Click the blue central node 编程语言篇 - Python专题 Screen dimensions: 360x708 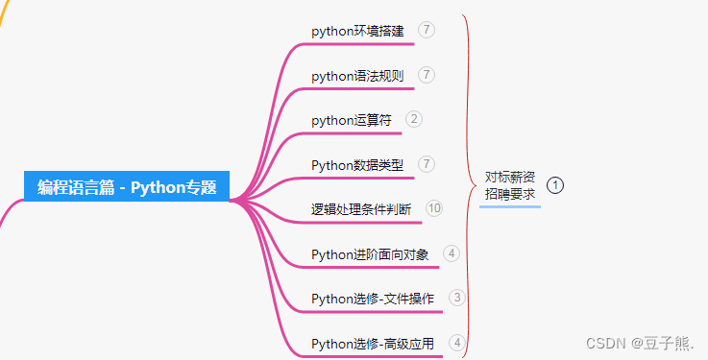tap(127, 187)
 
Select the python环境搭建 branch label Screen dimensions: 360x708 tap(357, 32)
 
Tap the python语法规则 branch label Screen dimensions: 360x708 tap(357, 76)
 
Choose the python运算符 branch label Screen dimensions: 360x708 tap(352, 120)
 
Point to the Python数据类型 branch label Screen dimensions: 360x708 tap(357, 165)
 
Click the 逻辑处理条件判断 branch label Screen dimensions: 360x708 tap(361, 209)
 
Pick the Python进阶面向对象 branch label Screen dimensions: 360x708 tap(370, 254)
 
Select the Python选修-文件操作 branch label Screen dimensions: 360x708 tap(373, 299)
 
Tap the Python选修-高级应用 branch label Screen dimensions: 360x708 tap(373, 343)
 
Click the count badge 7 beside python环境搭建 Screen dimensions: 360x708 tap(427, 30)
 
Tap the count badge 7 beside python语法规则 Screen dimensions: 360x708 tap(427, 74)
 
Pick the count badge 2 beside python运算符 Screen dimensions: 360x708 tap(414, 119)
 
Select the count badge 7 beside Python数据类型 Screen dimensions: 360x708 tap(427, 163)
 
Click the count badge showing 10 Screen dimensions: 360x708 tap(434, 208)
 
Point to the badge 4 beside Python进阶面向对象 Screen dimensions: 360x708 tap(452, 253)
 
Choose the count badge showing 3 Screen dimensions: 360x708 tap(456, 298)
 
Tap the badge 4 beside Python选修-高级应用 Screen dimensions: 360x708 tap(456, 342)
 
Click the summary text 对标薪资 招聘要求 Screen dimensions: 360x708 tap(510, 185)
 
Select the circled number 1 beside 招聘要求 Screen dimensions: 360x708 tap(555, 184)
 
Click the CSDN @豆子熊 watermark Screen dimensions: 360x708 tap(640, 343)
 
